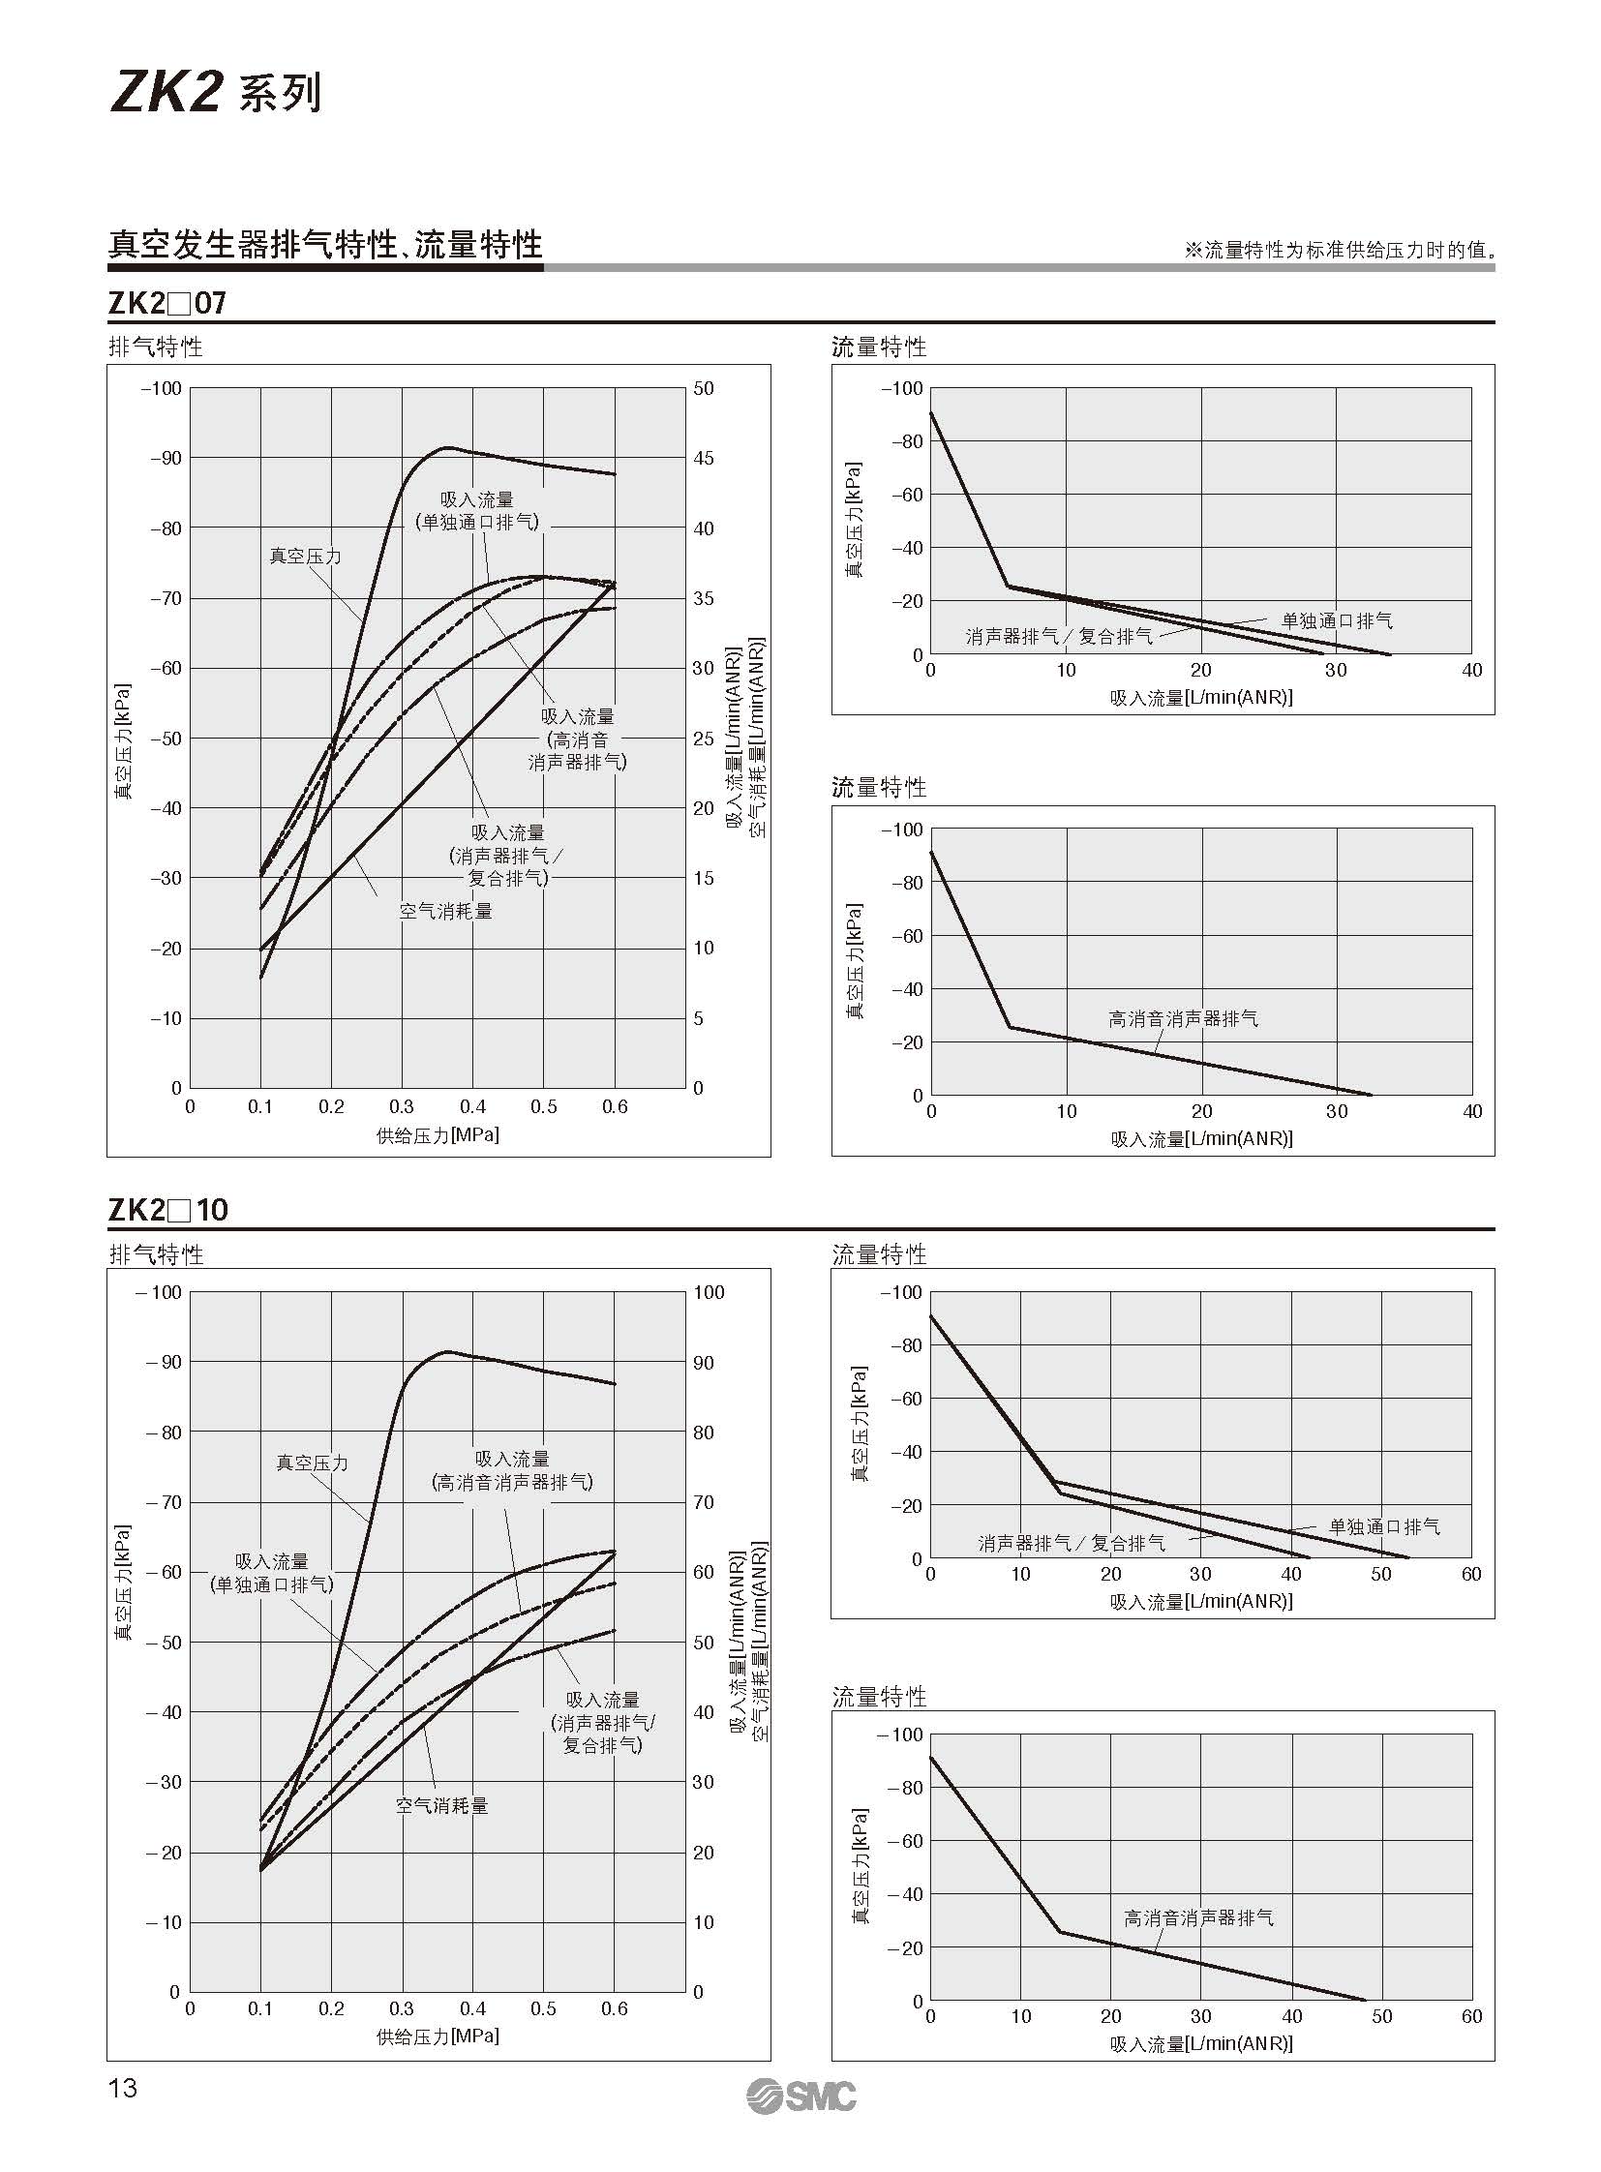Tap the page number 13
coord(123,2088)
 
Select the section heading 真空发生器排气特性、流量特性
coord(324,245)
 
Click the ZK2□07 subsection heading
coord(166,303)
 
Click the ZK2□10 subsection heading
coord(167,1210)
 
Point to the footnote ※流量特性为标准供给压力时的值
coord(1340,250)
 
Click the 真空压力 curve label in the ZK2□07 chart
coord(305,557)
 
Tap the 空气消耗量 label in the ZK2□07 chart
coord(446,911)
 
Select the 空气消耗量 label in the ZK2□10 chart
coord(442,1805)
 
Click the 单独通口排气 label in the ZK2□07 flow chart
coord(1337,621)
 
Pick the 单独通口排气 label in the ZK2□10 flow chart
coord(1384,1526)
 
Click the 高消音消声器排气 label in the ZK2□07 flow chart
coord(1183,1018)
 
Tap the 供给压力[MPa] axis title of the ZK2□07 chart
coord(438,1134)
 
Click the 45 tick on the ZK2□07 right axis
coord(704,459)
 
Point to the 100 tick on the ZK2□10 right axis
coord(709,1292)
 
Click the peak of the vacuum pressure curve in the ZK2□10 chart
coord(447,1351)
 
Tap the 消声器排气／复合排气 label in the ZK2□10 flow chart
coord(1071,1543)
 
